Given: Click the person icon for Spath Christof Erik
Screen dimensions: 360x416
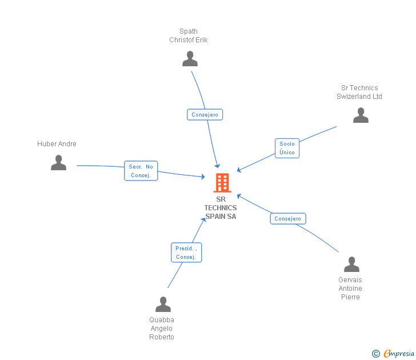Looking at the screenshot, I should (190, 59).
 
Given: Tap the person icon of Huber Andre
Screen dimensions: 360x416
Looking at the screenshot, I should (58, 163).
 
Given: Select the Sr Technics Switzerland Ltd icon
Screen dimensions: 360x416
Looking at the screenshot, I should (361, 115).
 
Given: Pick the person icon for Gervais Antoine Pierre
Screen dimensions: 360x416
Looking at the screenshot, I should (351, 265).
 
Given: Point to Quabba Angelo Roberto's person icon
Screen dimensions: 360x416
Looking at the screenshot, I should (163, 305).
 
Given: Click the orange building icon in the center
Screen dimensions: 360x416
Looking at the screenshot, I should (222, 183).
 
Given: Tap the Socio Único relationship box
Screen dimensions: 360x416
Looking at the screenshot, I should (287, 148).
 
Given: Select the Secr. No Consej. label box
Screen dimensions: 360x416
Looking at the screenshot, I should (141, 171).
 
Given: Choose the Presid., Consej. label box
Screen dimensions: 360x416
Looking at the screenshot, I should (186, 253).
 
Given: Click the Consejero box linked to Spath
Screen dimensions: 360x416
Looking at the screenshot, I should (205, 115).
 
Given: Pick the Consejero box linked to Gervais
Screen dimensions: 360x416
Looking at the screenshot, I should (287, 219).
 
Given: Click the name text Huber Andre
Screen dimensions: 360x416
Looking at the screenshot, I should (57, 144).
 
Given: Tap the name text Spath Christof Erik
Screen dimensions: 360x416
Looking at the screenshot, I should (189, 36).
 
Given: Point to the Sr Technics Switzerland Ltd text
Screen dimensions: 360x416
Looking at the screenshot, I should (359, 92).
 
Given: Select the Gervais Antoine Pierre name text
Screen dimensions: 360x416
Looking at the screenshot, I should (350, 289).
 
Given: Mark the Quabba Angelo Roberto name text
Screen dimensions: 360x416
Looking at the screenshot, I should (162, 329).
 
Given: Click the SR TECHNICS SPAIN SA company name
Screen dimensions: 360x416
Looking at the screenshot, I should (221, 208).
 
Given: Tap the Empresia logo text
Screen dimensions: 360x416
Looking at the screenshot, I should (399, 354).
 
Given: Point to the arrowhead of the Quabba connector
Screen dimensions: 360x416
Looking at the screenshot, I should (204, 219).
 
